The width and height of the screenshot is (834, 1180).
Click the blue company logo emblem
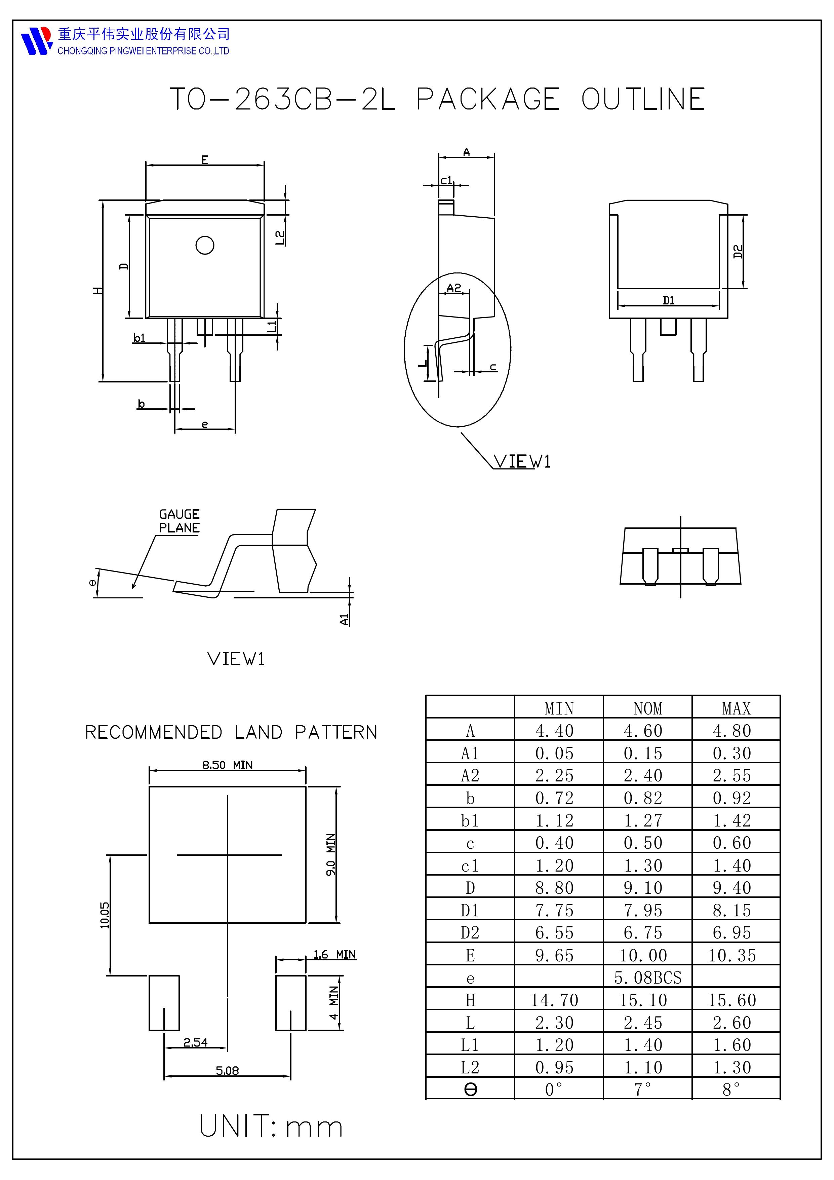[36, 41]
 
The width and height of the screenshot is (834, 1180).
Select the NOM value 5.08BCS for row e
[647, 978]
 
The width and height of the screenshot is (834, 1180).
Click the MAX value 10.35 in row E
[732, 955]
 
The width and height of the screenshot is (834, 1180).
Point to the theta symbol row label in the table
[470, 1090]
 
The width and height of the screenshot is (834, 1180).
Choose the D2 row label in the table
[470, 933]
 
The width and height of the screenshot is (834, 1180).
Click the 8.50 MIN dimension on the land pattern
[227, 765]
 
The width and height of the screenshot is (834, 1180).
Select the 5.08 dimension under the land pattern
[227, 1071]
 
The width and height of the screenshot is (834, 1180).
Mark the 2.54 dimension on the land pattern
[195, 1042]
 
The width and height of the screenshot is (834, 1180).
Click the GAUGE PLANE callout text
[179, 521]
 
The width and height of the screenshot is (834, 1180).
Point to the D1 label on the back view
[668, 300]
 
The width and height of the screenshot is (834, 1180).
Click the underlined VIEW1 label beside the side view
[522, 461]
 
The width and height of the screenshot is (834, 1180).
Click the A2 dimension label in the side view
[454, 288]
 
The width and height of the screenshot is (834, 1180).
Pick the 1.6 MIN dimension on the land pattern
[334, 954]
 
